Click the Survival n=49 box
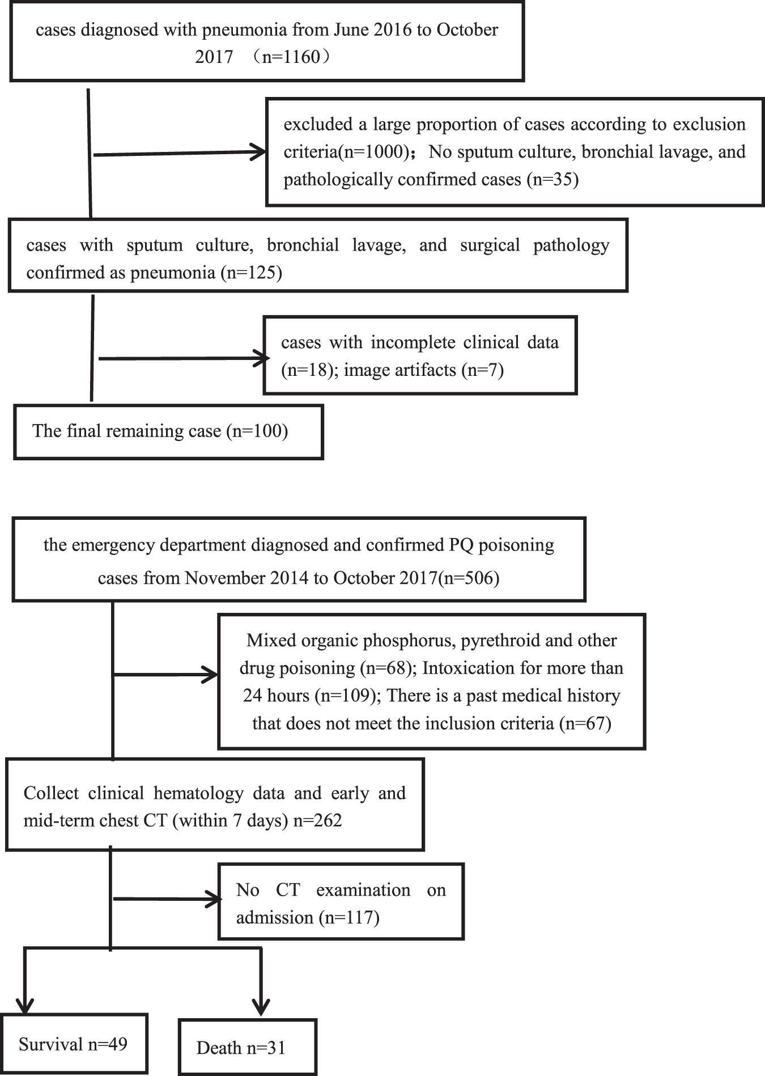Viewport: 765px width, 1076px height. [x=74, y=1044]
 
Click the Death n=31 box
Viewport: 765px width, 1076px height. [x=248, y=1047]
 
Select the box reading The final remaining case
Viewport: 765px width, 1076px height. [x=168, y=431]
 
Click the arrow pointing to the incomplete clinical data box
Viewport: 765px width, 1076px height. [x=184, y=358]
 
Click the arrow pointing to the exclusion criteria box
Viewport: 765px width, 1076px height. [x=180, y=153]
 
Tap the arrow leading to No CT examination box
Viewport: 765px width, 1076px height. [x=168, y=899]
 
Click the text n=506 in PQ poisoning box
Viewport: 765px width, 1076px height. [x=469, y=578]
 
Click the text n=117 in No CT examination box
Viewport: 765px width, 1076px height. [x=349, y=917]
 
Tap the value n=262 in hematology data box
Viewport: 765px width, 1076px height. [x=318, y=820]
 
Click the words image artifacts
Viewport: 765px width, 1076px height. [x=400, y=370]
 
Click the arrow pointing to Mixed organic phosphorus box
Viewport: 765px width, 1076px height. [x=166, y=675]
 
